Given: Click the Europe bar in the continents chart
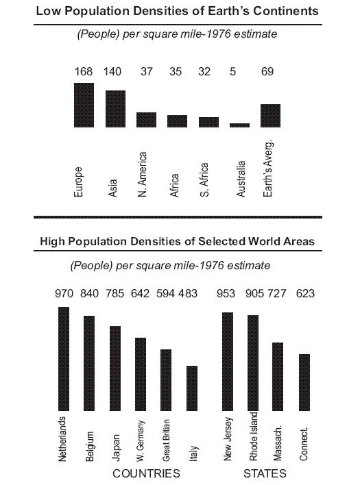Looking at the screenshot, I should click(84, 105).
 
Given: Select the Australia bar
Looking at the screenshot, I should click(239, 125).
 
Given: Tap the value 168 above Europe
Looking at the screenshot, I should click(84, 71).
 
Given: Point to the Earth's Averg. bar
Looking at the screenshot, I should click(270, 115).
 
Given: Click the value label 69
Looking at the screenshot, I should click(271, 71).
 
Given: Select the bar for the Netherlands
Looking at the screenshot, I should click(64, 357).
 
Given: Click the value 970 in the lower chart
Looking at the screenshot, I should click(64, 294).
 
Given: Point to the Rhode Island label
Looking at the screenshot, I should click(253, 436).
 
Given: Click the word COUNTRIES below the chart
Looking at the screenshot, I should click(146, 473).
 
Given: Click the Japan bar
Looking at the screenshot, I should click(115, 366).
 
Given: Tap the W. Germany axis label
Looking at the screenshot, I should click(141, 438).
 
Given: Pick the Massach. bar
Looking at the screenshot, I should click(278, 375).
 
